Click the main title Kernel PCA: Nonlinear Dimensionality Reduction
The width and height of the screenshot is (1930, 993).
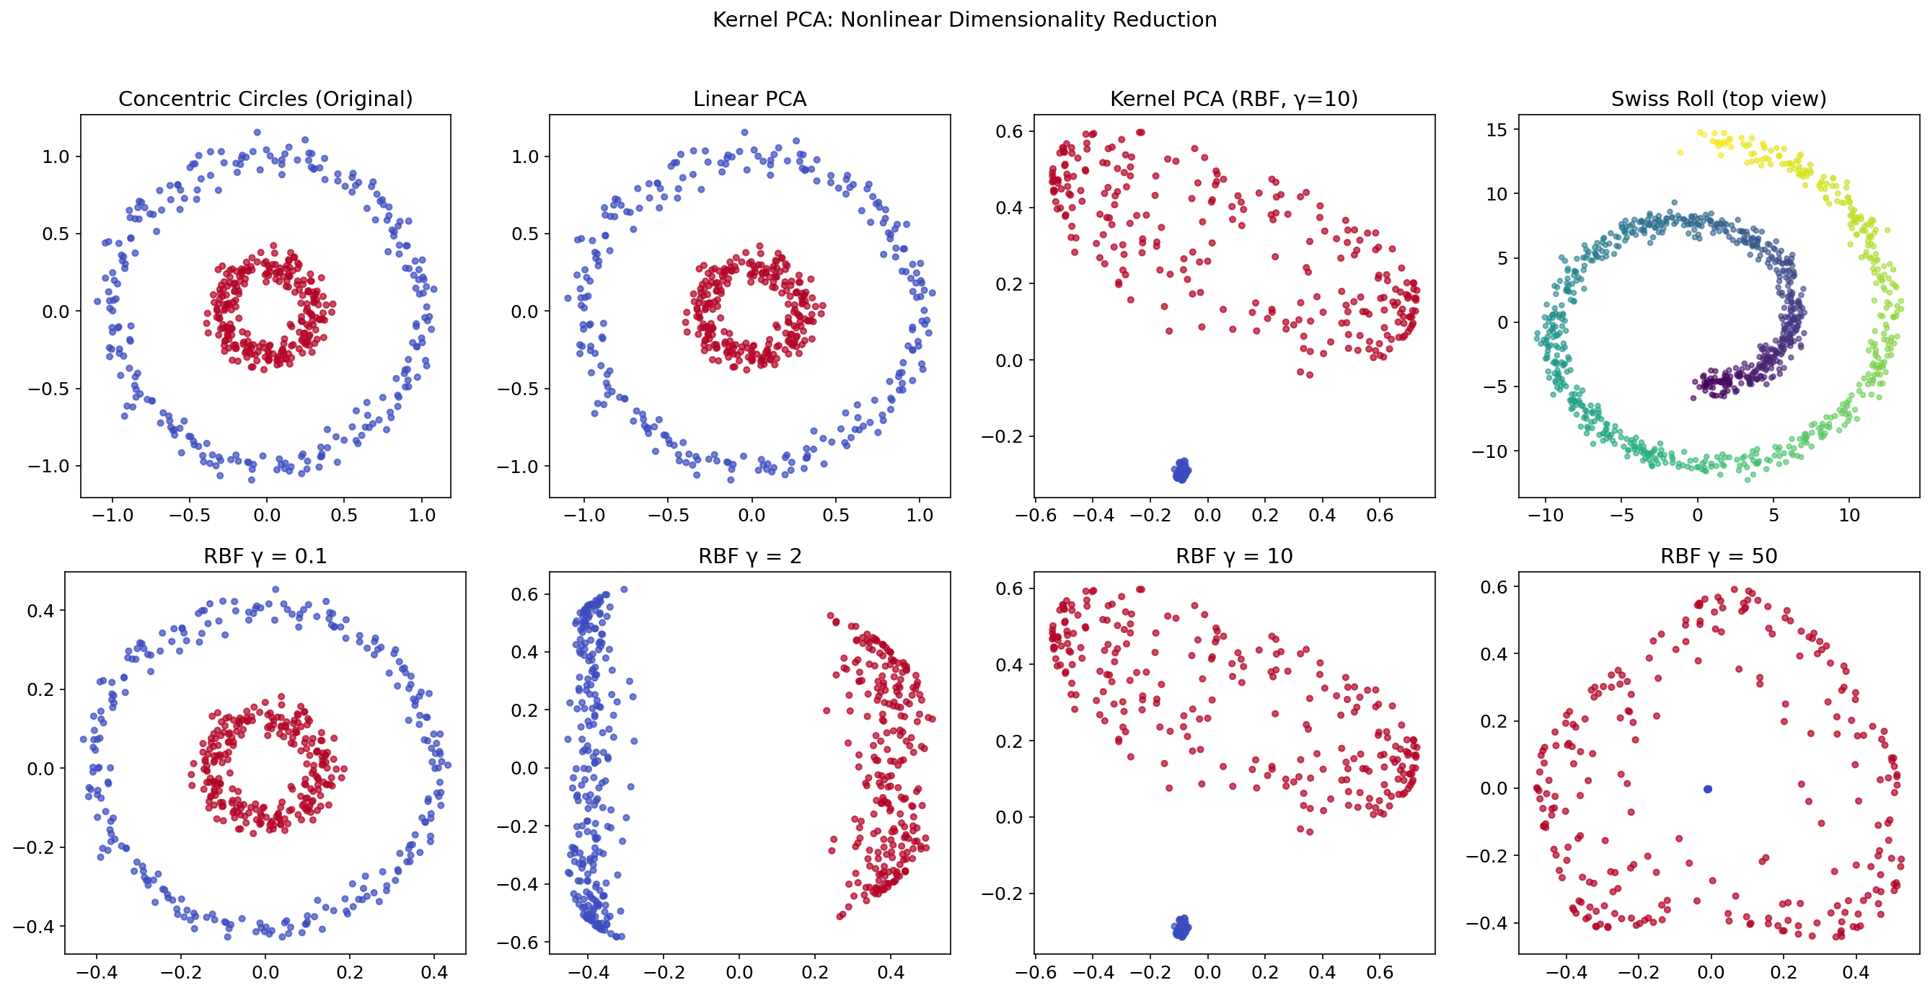click(x=964, y=19)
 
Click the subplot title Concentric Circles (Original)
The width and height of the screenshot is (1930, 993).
click(x=265, y=99)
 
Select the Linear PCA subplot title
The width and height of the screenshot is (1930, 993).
click(x=749, y=99)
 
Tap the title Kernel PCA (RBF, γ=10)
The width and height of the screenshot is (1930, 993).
click(x=1233, y=99)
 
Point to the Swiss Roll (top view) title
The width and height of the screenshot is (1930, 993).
click(x=1718, y=99)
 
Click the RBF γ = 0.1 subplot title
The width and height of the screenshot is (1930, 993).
click(x=265, y=556)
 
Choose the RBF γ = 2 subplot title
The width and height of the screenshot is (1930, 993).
click(x=749, y=556)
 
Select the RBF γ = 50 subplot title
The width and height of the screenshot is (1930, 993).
click(x=1718, y=556)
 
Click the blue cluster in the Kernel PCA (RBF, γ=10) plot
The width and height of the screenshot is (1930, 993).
click(x=1181, y=471)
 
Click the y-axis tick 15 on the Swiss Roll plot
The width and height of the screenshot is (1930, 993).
click(x=1497, y=130)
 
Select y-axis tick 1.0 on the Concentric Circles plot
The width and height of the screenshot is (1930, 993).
click(x=56, y=156)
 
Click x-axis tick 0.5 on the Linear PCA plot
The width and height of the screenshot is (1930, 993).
click(x=835, y=515)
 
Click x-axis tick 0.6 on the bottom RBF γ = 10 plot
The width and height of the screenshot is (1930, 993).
click(x=1379, y=972)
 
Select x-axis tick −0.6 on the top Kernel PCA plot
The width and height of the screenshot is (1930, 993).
click(x=1035, y=515)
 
